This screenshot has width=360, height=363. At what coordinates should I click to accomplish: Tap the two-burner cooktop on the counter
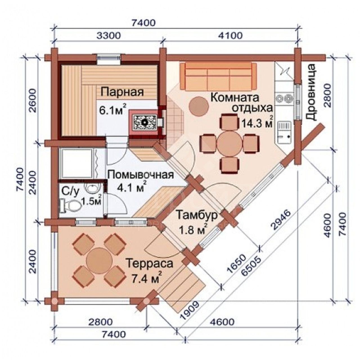coord(284,98)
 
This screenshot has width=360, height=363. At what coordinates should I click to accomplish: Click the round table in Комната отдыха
coord(229,143)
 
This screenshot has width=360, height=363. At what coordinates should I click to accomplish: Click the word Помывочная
coord(140,175)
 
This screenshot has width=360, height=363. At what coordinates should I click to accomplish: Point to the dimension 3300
coord(108,35)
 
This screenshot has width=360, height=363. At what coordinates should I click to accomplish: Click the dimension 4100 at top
coord(230,35)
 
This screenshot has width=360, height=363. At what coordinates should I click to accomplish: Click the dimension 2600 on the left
coord(32,100)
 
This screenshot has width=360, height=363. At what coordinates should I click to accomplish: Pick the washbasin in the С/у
coord(93,188)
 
